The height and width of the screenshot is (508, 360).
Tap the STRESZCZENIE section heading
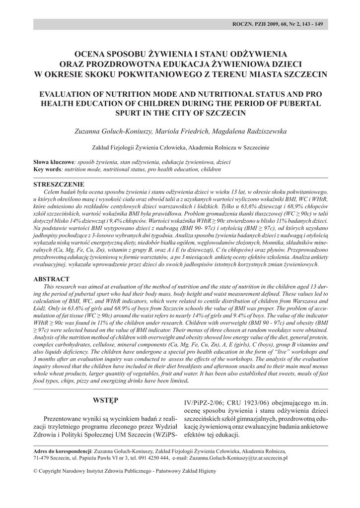tap(58, 184)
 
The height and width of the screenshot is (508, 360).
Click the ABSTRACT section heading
tap(51, 279)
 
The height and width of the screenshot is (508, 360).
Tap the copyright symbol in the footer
tap(35, 470)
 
